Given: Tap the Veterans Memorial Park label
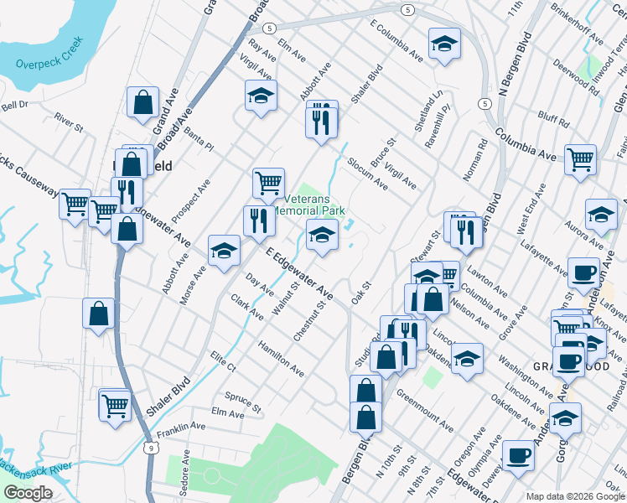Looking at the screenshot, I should click(x=314, y=205).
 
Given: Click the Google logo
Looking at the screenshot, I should click(x=28, y=493).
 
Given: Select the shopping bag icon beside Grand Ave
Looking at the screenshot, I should click(x=143, y=102).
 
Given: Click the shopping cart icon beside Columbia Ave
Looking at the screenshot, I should click(x=580, y=158).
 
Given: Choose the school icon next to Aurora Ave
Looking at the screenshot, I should click(x=601, y=214).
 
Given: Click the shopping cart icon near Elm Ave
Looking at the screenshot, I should click(x=115, y=404).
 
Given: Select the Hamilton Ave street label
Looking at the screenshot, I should click(x=281, y=356).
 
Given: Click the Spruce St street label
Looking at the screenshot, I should click(x=243, y=401).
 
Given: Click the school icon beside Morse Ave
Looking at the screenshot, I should click(x=224, y=250).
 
